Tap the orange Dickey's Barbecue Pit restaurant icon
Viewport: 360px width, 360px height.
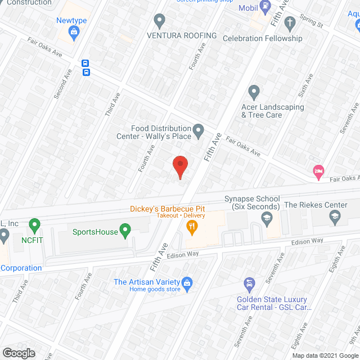pyautogui.click(x=192, y=227)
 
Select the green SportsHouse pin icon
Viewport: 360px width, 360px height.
pyautogui.click(x=126, y=231)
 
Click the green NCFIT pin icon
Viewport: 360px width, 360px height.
pyautogui.click(x=34, y=226)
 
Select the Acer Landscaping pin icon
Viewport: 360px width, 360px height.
pyautogui.click(x=254, y=91)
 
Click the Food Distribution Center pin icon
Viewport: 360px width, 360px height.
pyautogui.click(x=198, y=132)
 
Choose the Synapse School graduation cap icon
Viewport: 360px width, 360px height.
pyautogui.click(x=267, y=219)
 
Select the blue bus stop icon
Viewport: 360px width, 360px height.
pyautogui.click(x=86, y=67)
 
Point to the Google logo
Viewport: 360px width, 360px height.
pyautogui.click(x=18, y=353)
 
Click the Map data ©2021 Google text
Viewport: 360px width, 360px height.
pyautogui.click(x=323, y=355)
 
